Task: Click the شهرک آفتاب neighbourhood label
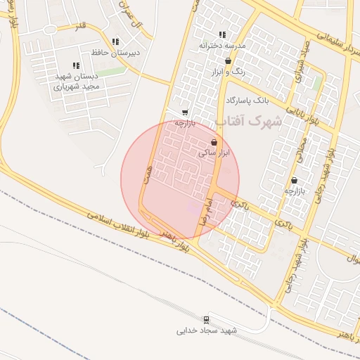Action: (248, 122)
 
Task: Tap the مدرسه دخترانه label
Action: (222, 46)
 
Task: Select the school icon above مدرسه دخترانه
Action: (222, 34)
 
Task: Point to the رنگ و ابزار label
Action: (228, 72)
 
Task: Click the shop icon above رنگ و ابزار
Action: (228, 61)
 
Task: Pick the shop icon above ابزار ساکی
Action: (214, 142)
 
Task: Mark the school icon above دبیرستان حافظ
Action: (115, 41)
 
